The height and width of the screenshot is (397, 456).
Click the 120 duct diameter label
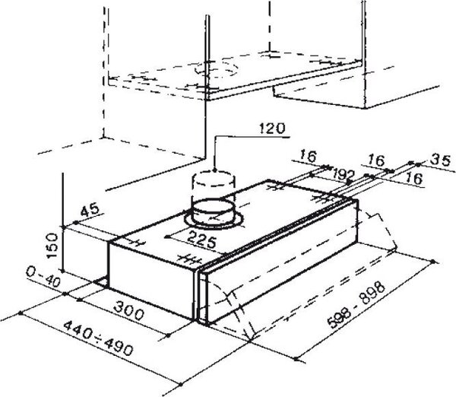[x=272, y=129]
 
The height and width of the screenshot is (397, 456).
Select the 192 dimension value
[x=344, y=174]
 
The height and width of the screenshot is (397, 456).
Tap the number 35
[x=441, y=160]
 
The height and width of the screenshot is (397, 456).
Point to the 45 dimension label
[x=90, y=211]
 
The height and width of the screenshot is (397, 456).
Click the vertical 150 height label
[x=52, y=246]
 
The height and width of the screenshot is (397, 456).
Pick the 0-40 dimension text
[x=43, y=277]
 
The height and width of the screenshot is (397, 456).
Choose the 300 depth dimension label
[x=128, y=310]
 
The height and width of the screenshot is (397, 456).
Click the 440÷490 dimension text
[x=98, y=338]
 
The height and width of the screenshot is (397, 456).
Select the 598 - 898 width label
[x=356, y=304]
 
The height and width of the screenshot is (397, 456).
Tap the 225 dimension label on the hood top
[x=202, y=240]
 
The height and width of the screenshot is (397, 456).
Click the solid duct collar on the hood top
[x=213, y=211]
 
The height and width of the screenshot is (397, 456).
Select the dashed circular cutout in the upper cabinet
[x=217, y=68]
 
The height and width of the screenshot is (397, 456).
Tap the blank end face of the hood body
[x=151, y=277]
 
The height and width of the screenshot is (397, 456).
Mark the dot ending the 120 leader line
[x=214, y=170]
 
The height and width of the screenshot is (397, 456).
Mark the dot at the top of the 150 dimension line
[x=62, y=227]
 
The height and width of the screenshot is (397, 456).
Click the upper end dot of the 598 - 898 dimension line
[x=433, y=262]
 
